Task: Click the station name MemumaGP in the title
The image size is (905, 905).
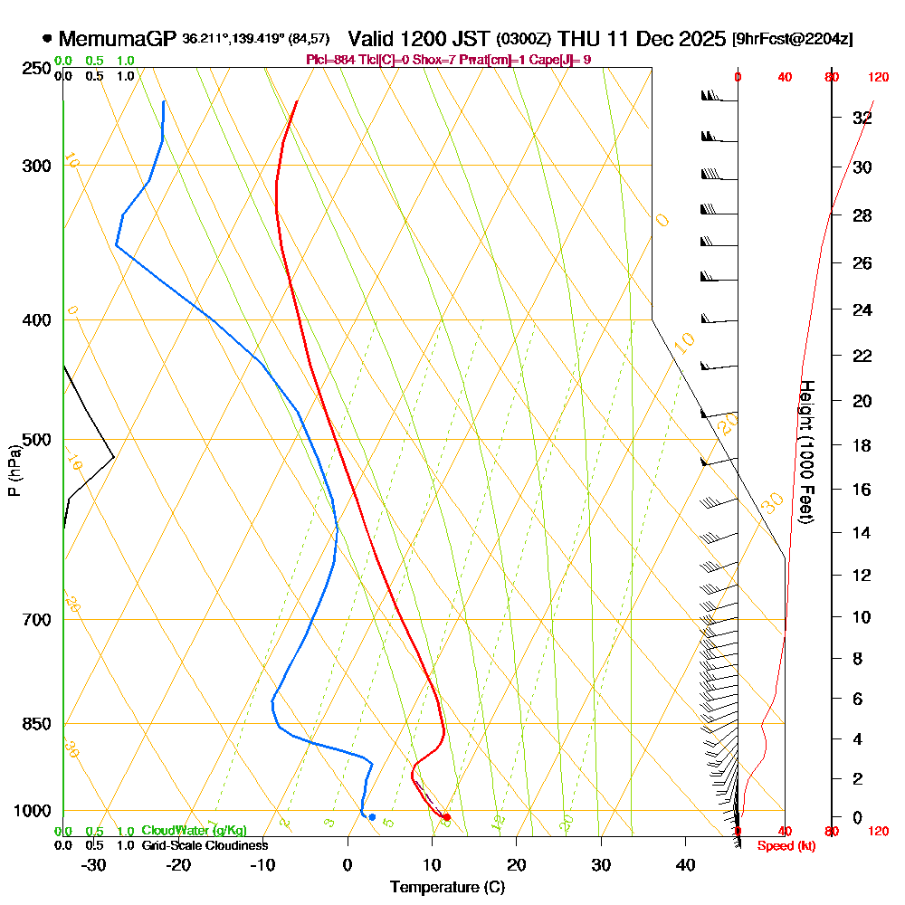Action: click(118, 39)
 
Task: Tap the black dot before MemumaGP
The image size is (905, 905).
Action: click(47, 39)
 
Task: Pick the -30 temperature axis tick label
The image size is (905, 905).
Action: click(93, 865)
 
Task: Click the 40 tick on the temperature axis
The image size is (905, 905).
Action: click(686, 865)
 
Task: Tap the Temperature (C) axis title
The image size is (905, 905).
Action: click(447, 888)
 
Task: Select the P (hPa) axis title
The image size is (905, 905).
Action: click(14, 470)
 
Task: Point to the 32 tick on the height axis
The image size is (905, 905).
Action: click(862, 118)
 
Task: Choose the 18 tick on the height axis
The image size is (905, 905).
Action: click(862, 445)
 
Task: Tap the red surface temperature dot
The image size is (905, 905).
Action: click(446, 817)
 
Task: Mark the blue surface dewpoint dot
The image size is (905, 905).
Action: click(372, 817)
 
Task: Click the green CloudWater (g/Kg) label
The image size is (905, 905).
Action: click(194, 831)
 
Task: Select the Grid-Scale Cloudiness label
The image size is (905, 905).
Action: click(204, 845)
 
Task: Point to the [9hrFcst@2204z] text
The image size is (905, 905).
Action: click(793, 39)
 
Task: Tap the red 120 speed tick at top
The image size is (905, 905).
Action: click(877, 78)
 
